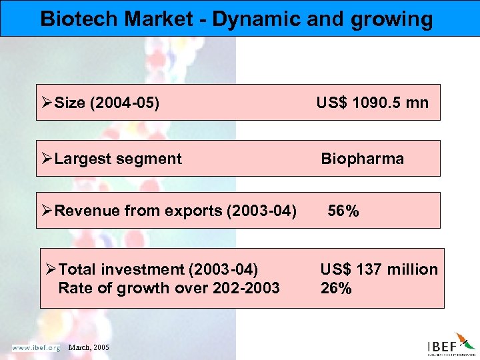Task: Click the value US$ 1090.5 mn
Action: pyautogui.click(x=373, y=103)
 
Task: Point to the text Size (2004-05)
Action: pyautogui.click(x=107, y=103)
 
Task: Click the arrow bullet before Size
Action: pyautogui.click(x=47, y=103)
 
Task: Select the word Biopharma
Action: pyautogui.click(x=362, y=159)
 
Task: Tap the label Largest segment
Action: pyautogui.click(x=118, y=159)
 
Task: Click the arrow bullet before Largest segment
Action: pyautogui.click(x=47, y=159)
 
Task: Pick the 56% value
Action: pyautogui.click(x=343, y=211)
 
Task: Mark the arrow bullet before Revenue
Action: pyautogui.click(x=47, y=211)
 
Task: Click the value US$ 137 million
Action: pyautogui.click(x=379, y=269)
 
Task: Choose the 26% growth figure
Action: pyautogui.click(x=336, y=288)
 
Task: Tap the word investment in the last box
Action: pyautogui.click(x=145, y=269)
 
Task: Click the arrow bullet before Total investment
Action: pyautogui.click(x=51, y=269)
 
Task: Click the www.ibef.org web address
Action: pyautogui.click(x=36, y=347)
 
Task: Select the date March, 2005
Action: pyautogui.click(x=88, y=348)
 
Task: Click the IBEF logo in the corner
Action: pyautogui.click(x=450, y=345)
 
